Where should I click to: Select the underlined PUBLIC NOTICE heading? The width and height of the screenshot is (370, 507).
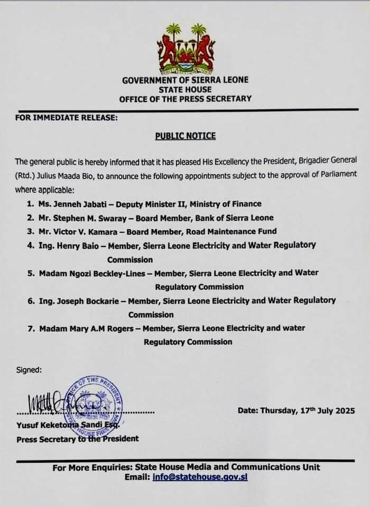[x=185, y=136]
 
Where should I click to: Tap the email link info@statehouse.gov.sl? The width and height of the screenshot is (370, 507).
[x=214, y=477]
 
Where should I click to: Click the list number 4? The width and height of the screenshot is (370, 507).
[x=30, y=245]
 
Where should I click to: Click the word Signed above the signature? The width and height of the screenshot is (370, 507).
[x=27, y=370]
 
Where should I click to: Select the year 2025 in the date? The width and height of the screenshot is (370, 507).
[x=344, y=410]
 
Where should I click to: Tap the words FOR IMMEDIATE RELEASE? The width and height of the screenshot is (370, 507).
[x=66, y=118]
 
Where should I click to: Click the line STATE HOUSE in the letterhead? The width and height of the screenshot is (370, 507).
[x=185, y=89]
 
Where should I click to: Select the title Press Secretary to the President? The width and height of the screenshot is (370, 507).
[x=78, y=438]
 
